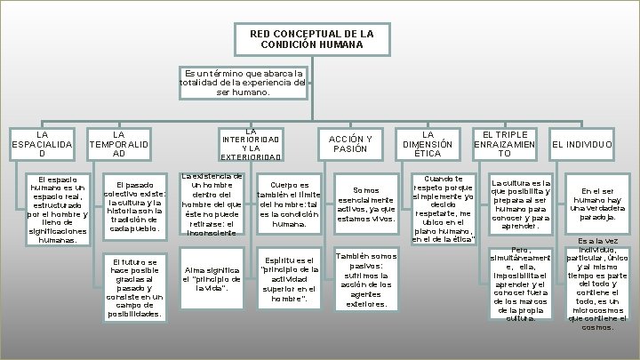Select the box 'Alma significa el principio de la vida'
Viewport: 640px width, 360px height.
coord(211,279)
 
